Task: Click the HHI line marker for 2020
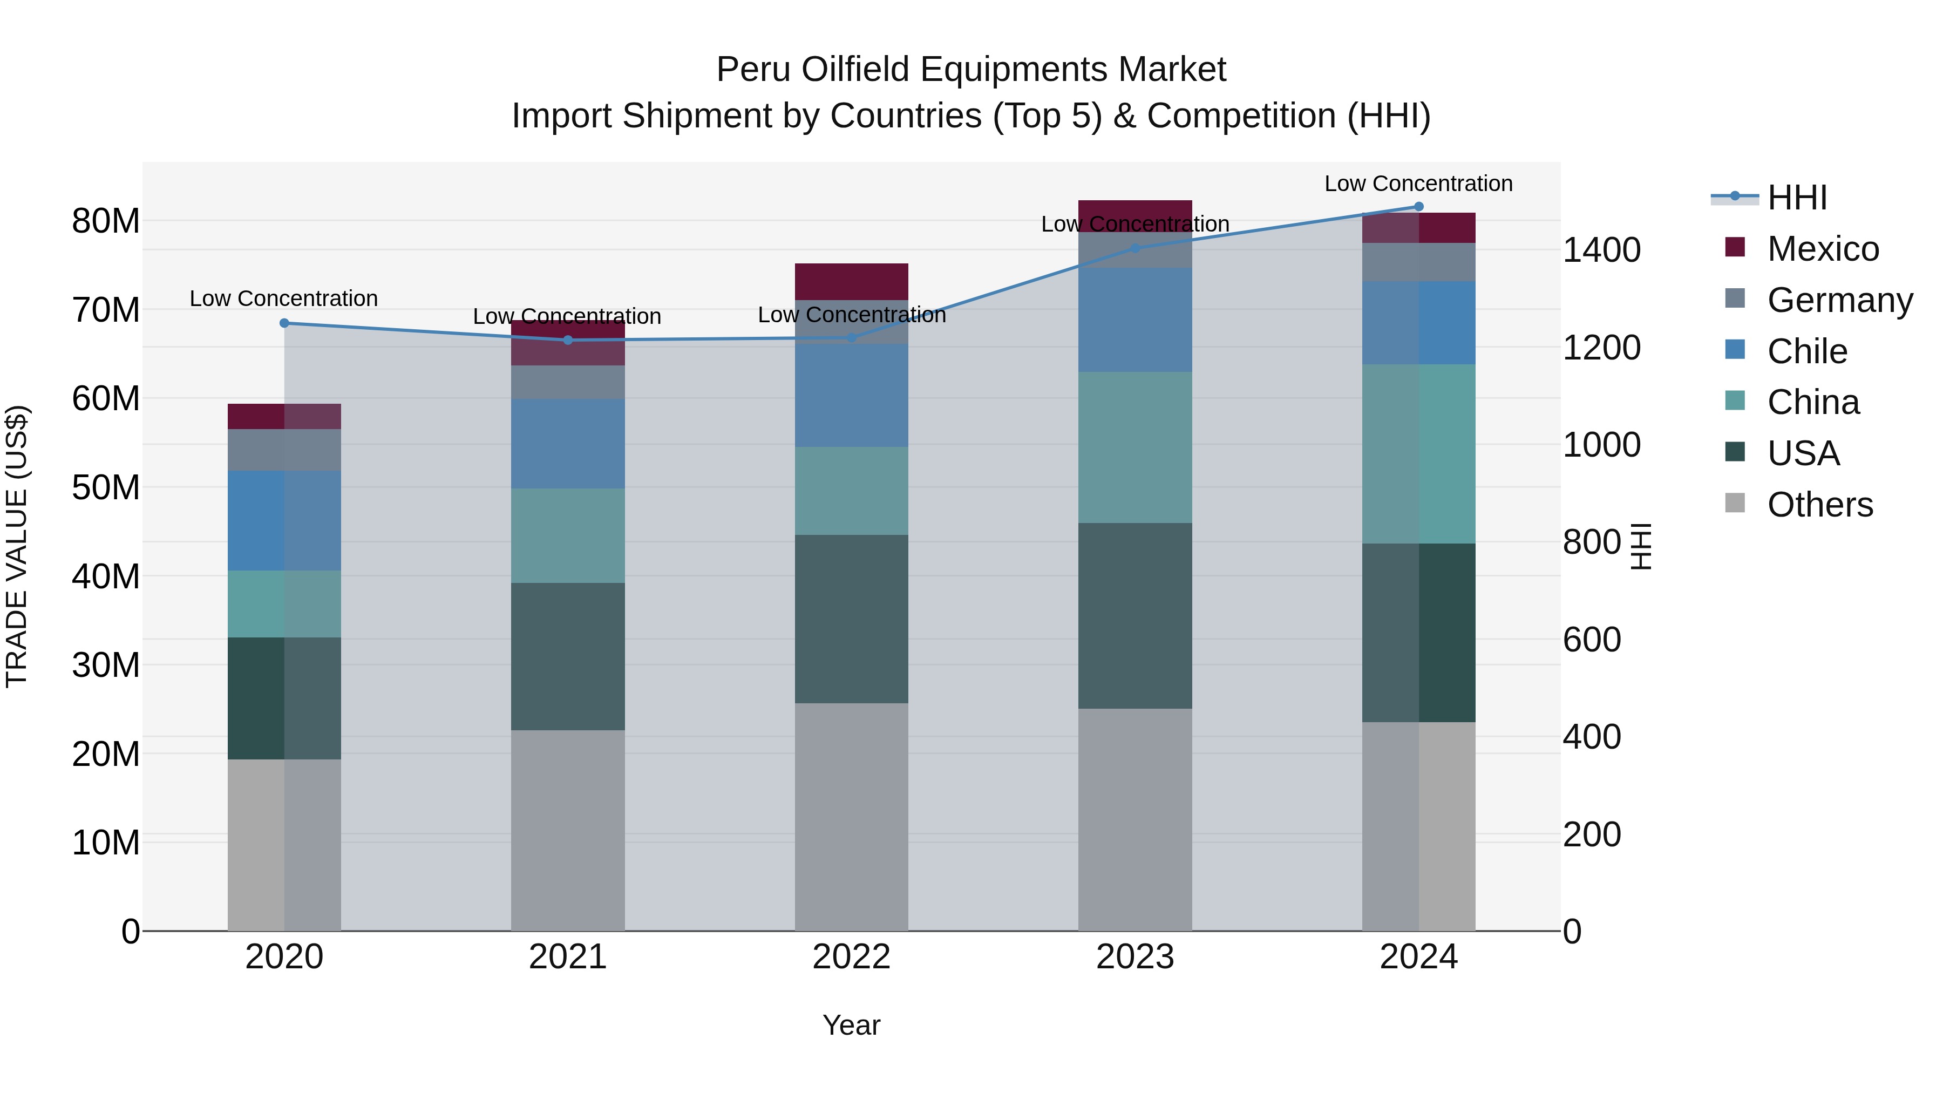click(x=284, y=323)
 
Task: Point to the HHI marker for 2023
click(x=1135, y=248)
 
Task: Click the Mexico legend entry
click(x=1822, y=249)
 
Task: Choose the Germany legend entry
click(x=1839, y=300)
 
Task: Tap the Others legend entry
click(x=1819, y=505)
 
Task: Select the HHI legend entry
click(x=1797, y=198)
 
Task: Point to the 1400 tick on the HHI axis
click(x=1601, y=250)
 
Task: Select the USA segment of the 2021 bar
click(x=567, y=656)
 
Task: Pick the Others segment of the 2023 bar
click(x=1134, y=819)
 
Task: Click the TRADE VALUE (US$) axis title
click(x=17, y=546)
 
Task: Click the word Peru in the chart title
click(x=755, y=70)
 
